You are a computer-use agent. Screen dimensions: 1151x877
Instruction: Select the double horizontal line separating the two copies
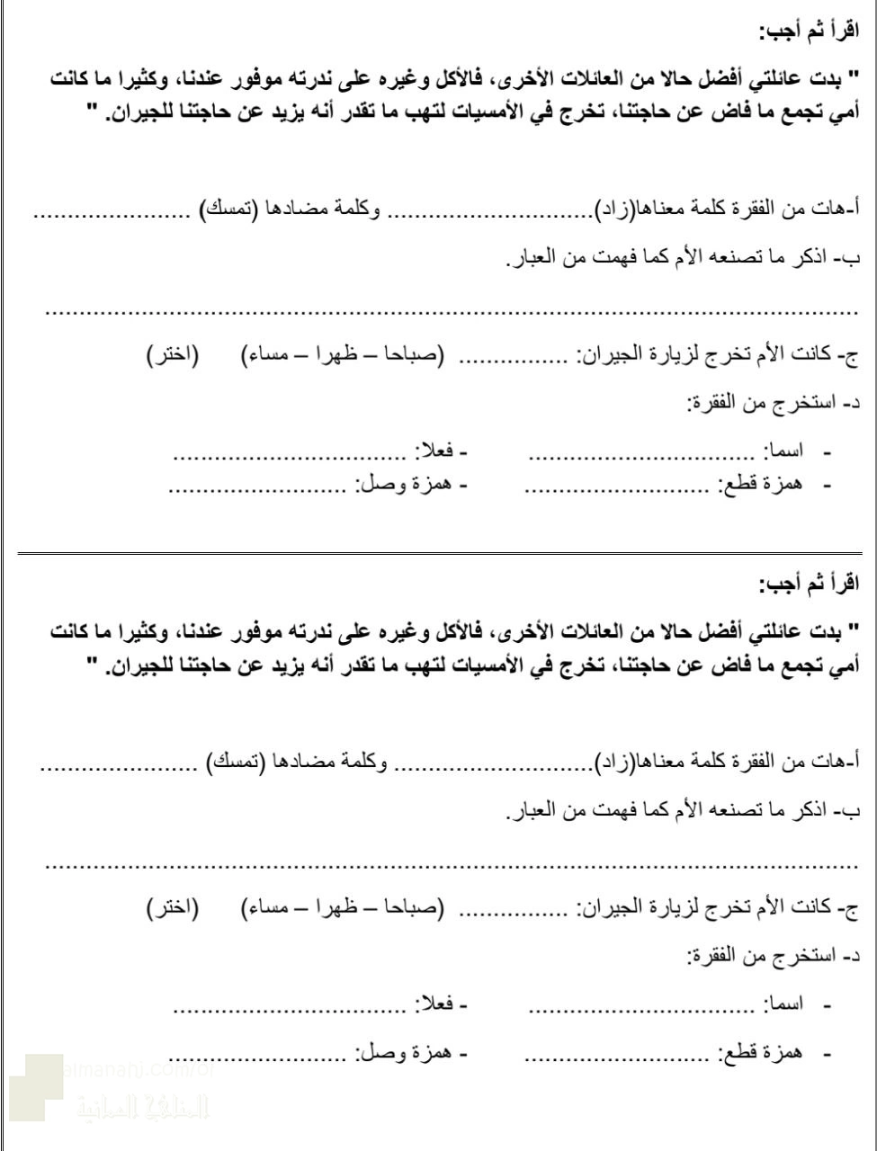coord(438,549)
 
